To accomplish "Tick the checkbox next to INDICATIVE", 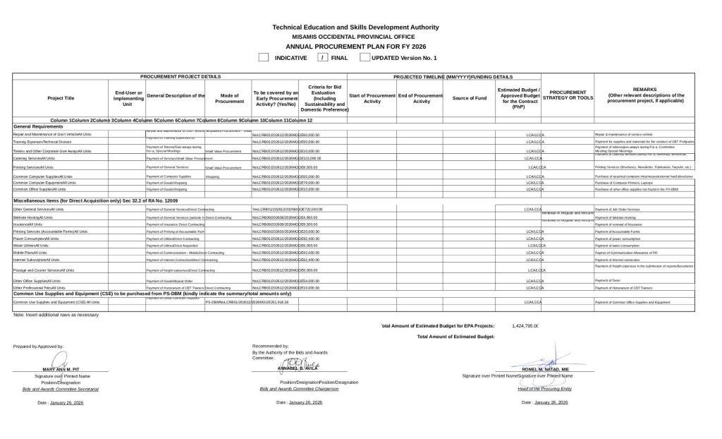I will [x=264, y=57].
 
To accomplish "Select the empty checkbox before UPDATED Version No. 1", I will [x=365, y=57].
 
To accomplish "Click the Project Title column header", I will [x=61, y=98].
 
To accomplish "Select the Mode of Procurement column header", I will [x=228, y=98].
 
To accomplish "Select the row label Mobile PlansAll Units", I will [x=30, y=252].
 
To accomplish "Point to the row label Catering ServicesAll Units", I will [x=34, y=158].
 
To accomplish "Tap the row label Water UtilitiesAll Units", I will [x=32, y=245].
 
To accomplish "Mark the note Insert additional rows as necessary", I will [x=56, y=315].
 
